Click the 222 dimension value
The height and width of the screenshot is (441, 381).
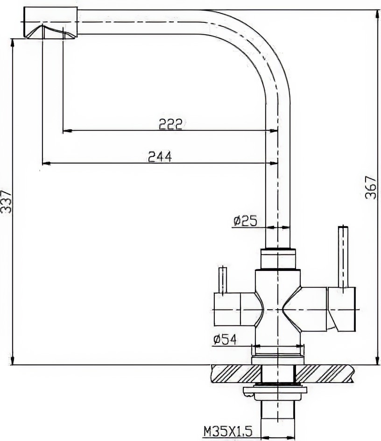point(171,124)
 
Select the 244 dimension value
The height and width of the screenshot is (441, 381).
point(160,156)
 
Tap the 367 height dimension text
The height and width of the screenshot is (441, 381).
point(370,188)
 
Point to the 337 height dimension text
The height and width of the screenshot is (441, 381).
point(6,202)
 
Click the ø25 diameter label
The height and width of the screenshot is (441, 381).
point(245,221)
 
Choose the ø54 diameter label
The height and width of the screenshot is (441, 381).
point(225,340)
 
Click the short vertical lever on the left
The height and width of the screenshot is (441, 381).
point(223,280)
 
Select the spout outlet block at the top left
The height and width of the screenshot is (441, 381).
point(50,22)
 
